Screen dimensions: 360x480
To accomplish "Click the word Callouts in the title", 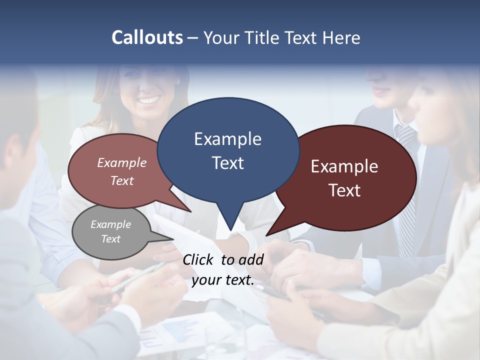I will (147, 37).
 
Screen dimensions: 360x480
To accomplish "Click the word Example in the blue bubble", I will (227, 138).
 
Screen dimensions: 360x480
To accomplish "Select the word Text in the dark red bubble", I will (344, 190).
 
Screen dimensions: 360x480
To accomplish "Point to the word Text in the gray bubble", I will (110, 239).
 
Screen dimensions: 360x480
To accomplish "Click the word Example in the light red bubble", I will (121, 162).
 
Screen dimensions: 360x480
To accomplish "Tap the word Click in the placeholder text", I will (198, 259).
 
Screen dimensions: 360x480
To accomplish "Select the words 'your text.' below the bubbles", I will (223, 280).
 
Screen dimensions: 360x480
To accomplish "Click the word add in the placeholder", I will (250, 259).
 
